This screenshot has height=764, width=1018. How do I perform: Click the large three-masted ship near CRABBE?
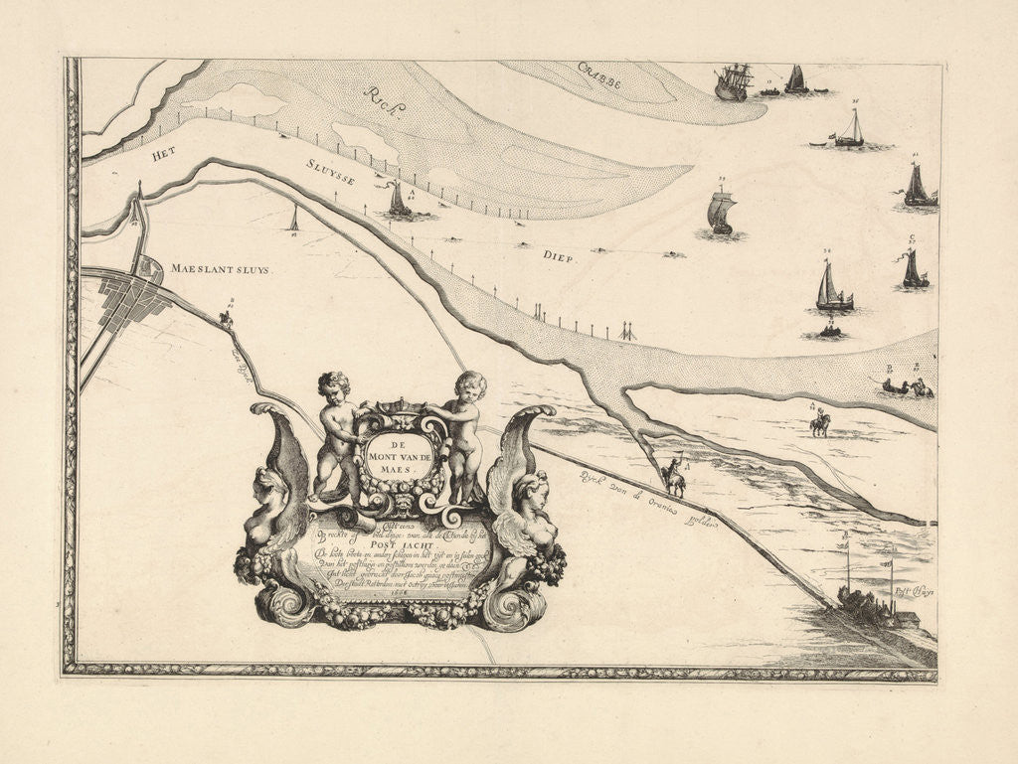point(733,81)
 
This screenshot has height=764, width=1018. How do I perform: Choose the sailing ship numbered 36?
point(850,130)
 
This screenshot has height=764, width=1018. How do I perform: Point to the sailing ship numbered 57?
point(914,269)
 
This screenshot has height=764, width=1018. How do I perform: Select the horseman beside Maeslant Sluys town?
point(226,318)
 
